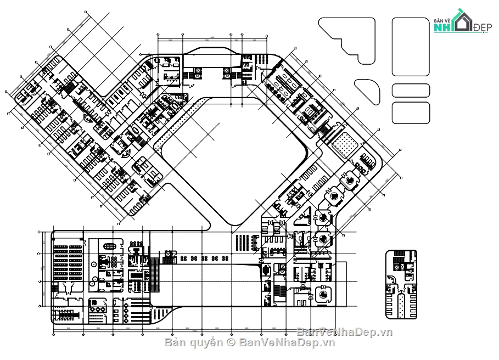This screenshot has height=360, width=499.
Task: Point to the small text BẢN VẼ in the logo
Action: tap(441, 20)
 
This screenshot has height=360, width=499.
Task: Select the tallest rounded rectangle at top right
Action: tap(411, 47)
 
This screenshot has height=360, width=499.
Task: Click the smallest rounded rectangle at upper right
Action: tap(411, 91)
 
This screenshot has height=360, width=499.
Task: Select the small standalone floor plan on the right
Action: tap(401, 284)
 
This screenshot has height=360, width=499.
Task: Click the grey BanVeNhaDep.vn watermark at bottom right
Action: tap(345, 332)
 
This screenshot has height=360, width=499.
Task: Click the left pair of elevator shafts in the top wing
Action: tap(195, 74)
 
